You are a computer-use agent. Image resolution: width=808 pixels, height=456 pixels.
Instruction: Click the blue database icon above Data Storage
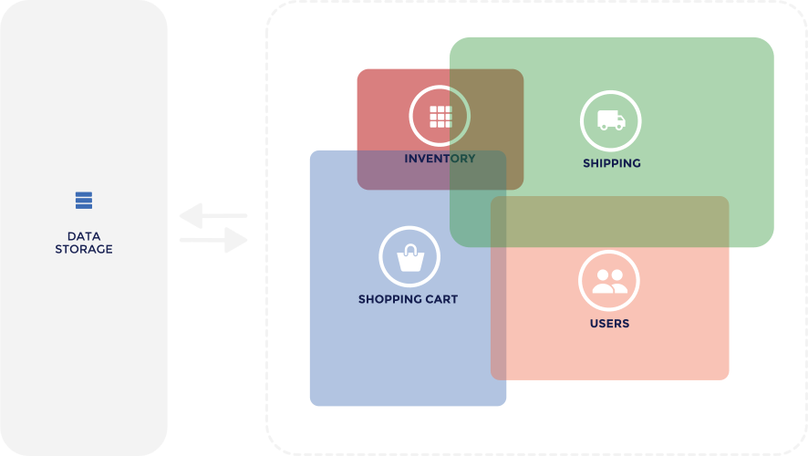click(x=84, y=201)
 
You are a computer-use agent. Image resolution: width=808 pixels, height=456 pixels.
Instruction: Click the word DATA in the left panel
click(x=84, y=236)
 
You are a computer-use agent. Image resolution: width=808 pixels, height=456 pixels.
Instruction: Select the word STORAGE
click(x=84, y=249)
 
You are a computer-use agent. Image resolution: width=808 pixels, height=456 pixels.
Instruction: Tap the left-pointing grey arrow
click(x=213, y=216)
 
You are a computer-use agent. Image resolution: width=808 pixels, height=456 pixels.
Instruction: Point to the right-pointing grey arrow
click(x=213, y=240)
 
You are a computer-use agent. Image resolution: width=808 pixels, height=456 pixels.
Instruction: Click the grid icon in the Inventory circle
click(x=440, y=117)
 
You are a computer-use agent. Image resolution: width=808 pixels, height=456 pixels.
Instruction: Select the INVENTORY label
click(x=440, y=159)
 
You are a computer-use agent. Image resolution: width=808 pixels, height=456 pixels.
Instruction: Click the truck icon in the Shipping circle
click(x=611, y=120)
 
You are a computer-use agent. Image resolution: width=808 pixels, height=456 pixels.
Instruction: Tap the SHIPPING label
click(x=612, y=163)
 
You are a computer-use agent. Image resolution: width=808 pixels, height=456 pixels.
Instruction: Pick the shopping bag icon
click(x=410, y=258)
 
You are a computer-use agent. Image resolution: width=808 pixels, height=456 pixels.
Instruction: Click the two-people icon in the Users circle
click(x=609, y=281)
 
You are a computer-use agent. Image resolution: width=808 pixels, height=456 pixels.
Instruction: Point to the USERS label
click(x=609, y=324)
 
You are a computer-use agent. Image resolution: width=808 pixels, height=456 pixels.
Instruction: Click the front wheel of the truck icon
click(x=619, y=127)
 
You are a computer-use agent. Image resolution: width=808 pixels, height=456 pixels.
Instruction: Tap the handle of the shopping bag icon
click(x=410, y=250)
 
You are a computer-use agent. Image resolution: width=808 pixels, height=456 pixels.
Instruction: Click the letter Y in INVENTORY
click(x=470, y=159)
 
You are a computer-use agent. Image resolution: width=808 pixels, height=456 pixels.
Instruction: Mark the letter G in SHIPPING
click(x=636, y=163)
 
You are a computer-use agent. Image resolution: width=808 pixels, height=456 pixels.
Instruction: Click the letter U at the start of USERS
click(x=596, y=324)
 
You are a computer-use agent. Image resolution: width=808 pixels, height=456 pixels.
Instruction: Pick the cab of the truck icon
click(x=620, y=119)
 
